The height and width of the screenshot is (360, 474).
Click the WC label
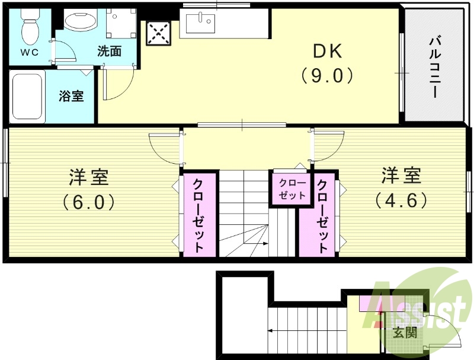pos(30,52)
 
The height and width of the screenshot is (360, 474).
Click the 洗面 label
pos(110,52)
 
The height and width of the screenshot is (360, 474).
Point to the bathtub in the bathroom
pos(27,96)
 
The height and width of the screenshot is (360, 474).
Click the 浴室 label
pos(71,96)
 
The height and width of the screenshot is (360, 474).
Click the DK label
pos(327,52)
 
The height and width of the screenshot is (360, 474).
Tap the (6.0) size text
pos(89,202)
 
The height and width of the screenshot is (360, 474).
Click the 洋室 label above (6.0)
pos(89,177)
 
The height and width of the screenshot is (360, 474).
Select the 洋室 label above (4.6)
pos(401,176)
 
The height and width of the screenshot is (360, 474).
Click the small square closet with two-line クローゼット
pos(292,189)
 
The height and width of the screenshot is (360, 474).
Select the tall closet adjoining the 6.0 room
pos(199,215)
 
